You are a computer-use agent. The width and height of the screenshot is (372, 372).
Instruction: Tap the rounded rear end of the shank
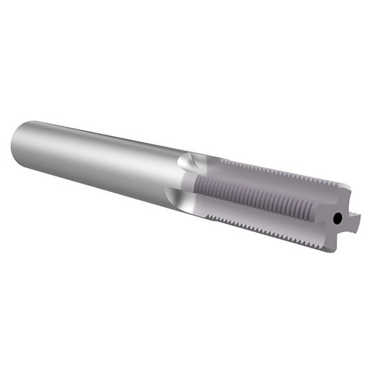click(x=19, y=137)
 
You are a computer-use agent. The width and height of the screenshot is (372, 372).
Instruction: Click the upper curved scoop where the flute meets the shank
click(x=191, y=161)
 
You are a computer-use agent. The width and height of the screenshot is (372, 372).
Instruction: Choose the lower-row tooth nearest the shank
click(x=208, y=217)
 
